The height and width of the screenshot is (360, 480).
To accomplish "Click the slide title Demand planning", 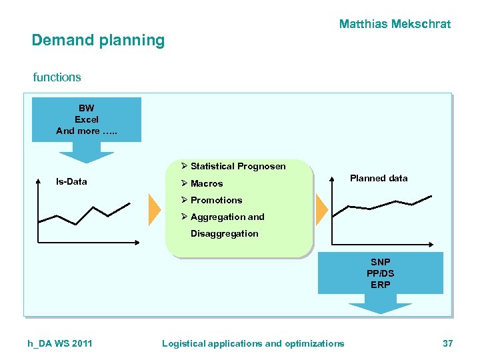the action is point(98,41).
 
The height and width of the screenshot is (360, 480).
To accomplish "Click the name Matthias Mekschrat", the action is point(395,24).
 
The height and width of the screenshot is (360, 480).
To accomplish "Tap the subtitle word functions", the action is point(57,77).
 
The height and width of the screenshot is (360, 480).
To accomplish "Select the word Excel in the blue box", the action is point(87,119).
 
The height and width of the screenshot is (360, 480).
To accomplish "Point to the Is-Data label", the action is point(71,181).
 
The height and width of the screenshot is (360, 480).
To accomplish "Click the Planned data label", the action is point(379,178).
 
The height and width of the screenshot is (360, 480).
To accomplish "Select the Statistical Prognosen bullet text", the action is point(238,166).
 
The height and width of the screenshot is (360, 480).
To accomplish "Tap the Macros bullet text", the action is point(207,183).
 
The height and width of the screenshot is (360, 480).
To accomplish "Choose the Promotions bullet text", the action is point(216,200).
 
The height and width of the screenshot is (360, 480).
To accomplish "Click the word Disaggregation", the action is point(224,233).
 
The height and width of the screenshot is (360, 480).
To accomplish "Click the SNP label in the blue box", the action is point(381,262).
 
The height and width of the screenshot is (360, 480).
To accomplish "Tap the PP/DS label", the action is point(381,273).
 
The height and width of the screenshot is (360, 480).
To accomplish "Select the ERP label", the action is point(381,285).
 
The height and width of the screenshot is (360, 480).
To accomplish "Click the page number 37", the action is point(447,343).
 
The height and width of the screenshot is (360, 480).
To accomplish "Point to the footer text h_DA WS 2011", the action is point(60,343).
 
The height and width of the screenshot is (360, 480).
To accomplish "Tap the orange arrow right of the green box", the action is point(321,209).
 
